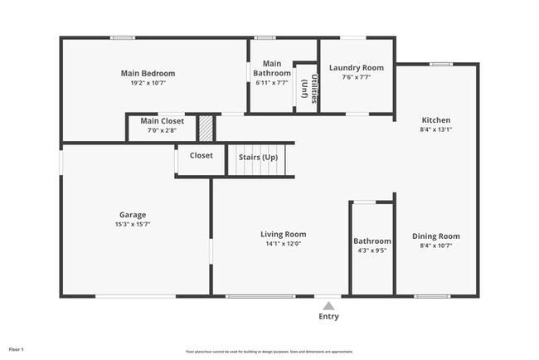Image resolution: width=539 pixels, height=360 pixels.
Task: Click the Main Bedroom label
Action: point(148,73)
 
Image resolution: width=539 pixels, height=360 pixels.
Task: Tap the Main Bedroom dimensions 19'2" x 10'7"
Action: point(148,83)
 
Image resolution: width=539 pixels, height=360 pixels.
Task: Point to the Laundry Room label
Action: point(356,67)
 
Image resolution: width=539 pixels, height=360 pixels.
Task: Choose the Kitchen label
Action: point(435,119)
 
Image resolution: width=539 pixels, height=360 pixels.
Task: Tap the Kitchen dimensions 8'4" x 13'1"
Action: point(435,129)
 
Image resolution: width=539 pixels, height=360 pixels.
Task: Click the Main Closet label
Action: point(162,121)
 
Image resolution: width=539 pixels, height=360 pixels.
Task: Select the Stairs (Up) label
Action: point(258,157)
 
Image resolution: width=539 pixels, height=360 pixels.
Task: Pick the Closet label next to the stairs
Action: point(201,155)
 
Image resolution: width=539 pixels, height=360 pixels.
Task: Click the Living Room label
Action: point(284,234)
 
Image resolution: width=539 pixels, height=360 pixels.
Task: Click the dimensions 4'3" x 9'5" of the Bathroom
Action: point(371,251)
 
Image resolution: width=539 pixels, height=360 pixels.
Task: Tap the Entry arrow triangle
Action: point(329,304)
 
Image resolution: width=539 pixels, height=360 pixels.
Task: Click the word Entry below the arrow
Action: point(328,316)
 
